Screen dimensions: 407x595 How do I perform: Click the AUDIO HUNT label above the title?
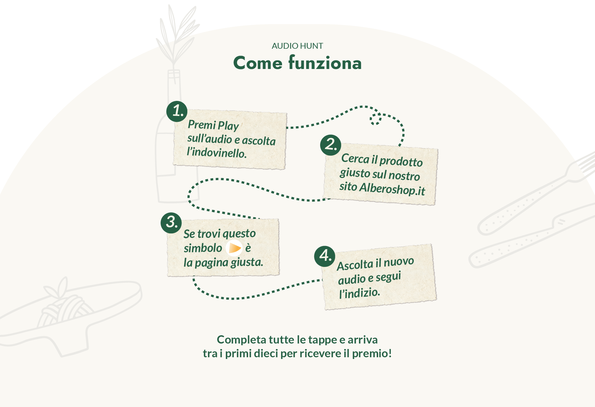click(297, 46)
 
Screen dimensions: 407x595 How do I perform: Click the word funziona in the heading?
click(325, 63)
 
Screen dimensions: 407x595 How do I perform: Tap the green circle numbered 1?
click(177, 111)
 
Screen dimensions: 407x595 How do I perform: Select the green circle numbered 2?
click(330, 145)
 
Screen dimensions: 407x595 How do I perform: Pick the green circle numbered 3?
click(171, 222)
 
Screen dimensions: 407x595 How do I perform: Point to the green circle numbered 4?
click(325, 256)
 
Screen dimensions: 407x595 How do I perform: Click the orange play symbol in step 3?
click(234, 248)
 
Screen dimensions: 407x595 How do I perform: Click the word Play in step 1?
click(228, 126)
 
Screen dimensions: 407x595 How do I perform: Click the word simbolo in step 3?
click(203, 248)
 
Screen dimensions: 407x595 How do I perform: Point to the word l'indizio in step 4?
click(359, 293)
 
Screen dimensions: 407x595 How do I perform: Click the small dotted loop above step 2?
click(375, 119)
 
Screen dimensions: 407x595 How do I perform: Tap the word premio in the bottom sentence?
click(372, 353)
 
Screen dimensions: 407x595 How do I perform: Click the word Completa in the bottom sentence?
click(241, 340)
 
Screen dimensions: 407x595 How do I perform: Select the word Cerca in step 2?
click(355, 159)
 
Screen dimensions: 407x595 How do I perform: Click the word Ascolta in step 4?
click(355, 265)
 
